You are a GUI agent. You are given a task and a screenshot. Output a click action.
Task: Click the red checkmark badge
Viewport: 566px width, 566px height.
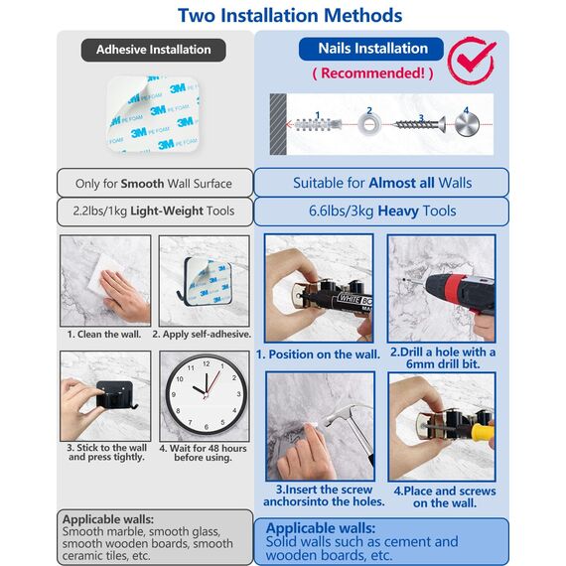472,61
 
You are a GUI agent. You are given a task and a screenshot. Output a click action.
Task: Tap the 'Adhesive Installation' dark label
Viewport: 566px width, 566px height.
153,50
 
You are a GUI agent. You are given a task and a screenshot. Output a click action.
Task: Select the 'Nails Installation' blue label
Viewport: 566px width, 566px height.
371,49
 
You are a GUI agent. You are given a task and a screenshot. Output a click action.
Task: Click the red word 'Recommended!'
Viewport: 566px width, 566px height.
372,73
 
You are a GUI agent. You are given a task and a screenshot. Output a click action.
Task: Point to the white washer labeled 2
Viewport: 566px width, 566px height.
369,125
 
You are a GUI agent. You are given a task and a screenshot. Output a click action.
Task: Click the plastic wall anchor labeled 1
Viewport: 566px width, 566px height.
318,125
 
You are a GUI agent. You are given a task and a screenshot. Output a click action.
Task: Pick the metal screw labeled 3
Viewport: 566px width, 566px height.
420,125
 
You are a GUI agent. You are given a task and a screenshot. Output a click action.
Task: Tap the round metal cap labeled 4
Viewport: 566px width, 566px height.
467,124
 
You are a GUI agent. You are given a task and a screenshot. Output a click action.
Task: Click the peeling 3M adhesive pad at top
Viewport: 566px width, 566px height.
153,113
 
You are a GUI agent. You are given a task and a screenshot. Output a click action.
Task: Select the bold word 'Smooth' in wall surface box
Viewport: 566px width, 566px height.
142,184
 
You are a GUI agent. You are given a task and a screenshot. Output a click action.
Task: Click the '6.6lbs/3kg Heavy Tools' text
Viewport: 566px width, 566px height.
382,211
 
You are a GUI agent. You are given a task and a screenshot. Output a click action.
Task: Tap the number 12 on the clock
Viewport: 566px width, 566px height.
207,363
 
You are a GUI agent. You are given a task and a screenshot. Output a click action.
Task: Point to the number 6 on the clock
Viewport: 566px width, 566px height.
207,427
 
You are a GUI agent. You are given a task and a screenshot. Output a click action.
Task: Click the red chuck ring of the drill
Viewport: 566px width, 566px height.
452,289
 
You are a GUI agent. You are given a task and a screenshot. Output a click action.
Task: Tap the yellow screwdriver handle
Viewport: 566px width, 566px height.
483,432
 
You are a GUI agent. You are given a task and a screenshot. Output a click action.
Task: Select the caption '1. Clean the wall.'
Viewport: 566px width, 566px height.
104,335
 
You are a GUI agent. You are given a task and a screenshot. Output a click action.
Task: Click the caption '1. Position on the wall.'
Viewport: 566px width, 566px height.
318,354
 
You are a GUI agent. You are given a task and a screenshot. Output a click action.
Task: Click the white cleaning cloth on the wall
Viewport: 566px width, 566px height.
104,274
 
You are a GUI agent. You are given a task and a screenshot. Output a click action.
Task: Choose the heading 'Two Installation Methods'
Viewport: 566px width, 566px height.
290,16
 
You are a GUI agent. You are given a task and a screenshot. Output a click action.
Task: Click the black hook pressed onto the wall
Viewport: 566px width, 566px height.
115,395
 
